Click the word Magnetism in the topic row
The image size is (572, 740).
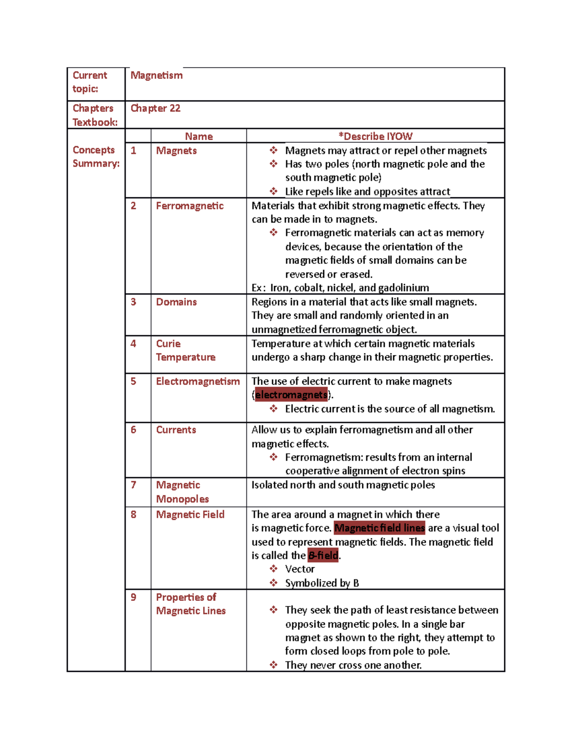pos(156,75)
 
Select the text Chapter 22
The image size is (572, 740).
pos(155,108)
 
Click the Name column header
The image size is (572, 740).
pos(199,136)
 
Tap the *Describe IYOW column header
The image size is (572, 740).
pos(375,136)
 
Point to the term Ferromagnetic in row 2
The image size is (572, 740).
pos(190,206)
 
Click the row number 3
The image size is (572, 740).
pos(133,302)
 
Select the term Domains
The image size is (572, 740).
pos(176,302)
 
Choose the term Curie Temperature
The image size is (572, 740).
pos(185,350)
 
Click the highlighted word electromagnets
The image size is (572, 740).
pos(291,395)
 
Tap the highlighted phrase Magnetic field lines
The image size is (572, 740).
pos(379,528)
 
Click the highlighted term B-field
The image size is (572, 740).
pos(323,556)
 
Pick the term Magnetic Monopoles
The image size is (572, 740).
pos(183,492)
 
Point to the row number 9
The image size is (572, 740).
pos(133,597)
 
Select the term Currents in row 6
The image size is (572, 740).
pos(176,430)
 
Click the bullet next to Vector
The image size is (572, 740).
pos(274,569)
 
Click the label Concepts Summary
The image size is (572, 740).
pos(95,156)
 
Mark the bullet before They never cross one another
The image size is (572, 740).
pos(274,665)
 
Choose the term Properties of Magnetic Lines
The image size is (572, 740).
pos(191,604)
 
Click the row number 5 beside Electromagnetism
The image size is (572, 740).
pos(133,381)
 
